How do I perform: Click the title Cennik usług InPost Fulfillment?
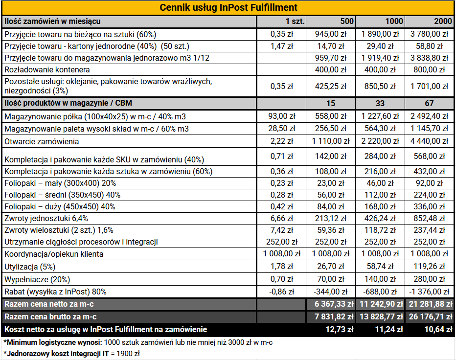(228, 7)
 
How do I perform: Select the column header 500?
(347, 21)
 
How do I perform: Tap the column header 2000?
(443, 21)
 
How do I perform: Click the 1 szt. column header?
(295, 21)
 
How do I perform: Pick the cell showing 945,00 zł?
(331, 34)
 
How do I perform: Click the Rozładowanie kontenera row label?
(47, 70)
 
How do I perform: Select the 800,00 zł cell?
(429, 70)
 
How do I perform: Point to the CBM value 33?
(380, 103)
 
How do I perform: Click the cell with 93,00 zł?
(281, 116)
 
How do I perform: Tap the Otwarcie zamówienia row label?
(42, 142)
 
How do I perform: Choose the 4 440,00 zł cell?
(429, 141)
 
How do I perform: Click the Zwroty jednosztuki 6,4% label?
(46, 218)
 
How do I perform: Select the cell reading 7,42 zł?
(281, 230)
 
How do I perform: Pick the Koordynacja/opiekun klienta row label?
(54, 254)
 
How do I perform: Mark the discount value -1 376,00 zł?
(429, 292)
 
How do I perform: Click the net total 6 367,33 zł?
(334, 304)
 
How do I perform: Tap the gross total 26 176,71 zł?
(431, 316)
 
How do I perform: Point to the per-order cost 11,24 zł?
(389, 330)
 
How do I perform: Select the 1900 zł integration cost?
(128, 354)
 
